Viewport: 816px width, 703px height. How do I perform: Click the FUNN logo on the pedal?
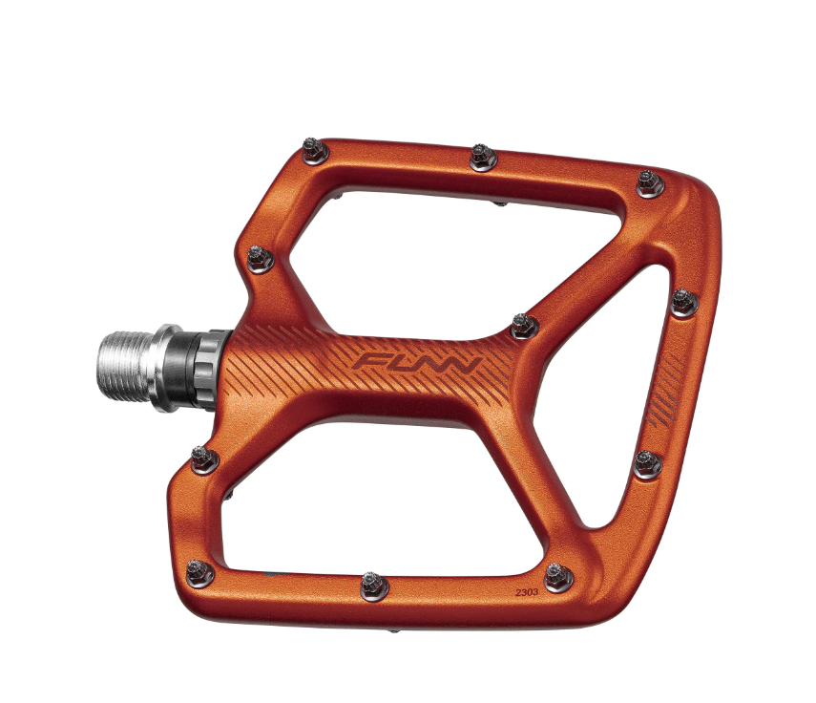point(416,362)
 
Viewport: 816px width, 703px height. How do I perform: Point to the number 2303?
point(527,592)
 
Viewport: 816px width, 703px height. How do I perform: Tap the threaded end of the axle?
point(124,367)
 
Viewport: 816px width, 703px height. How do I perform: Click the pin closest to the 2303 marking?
point(558,577)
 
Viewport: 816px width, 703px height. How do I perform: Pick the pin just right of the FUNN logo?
point(525,327)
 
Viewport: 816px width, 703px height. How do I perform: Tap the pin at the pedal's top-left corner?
point(315,151)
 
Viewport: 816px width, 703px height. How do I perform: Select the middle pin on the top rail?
point(483,158)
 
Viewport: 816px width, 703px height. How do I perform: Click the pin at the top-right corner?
point(650,183)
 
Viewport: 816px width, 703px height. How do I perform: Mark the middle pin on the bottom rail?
point(374,586)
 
